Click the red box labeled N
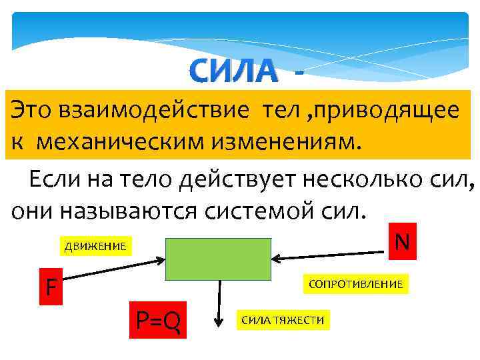coord(401,241)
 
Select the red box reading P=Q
coord(159,322)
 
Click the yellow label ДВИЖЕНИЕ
coord(95,247)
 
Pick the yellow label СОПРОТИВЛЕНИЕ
coord(355,285)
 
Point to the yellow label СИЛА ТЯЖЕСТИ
coord(283,321)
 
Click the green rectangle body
coord(218,259)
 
